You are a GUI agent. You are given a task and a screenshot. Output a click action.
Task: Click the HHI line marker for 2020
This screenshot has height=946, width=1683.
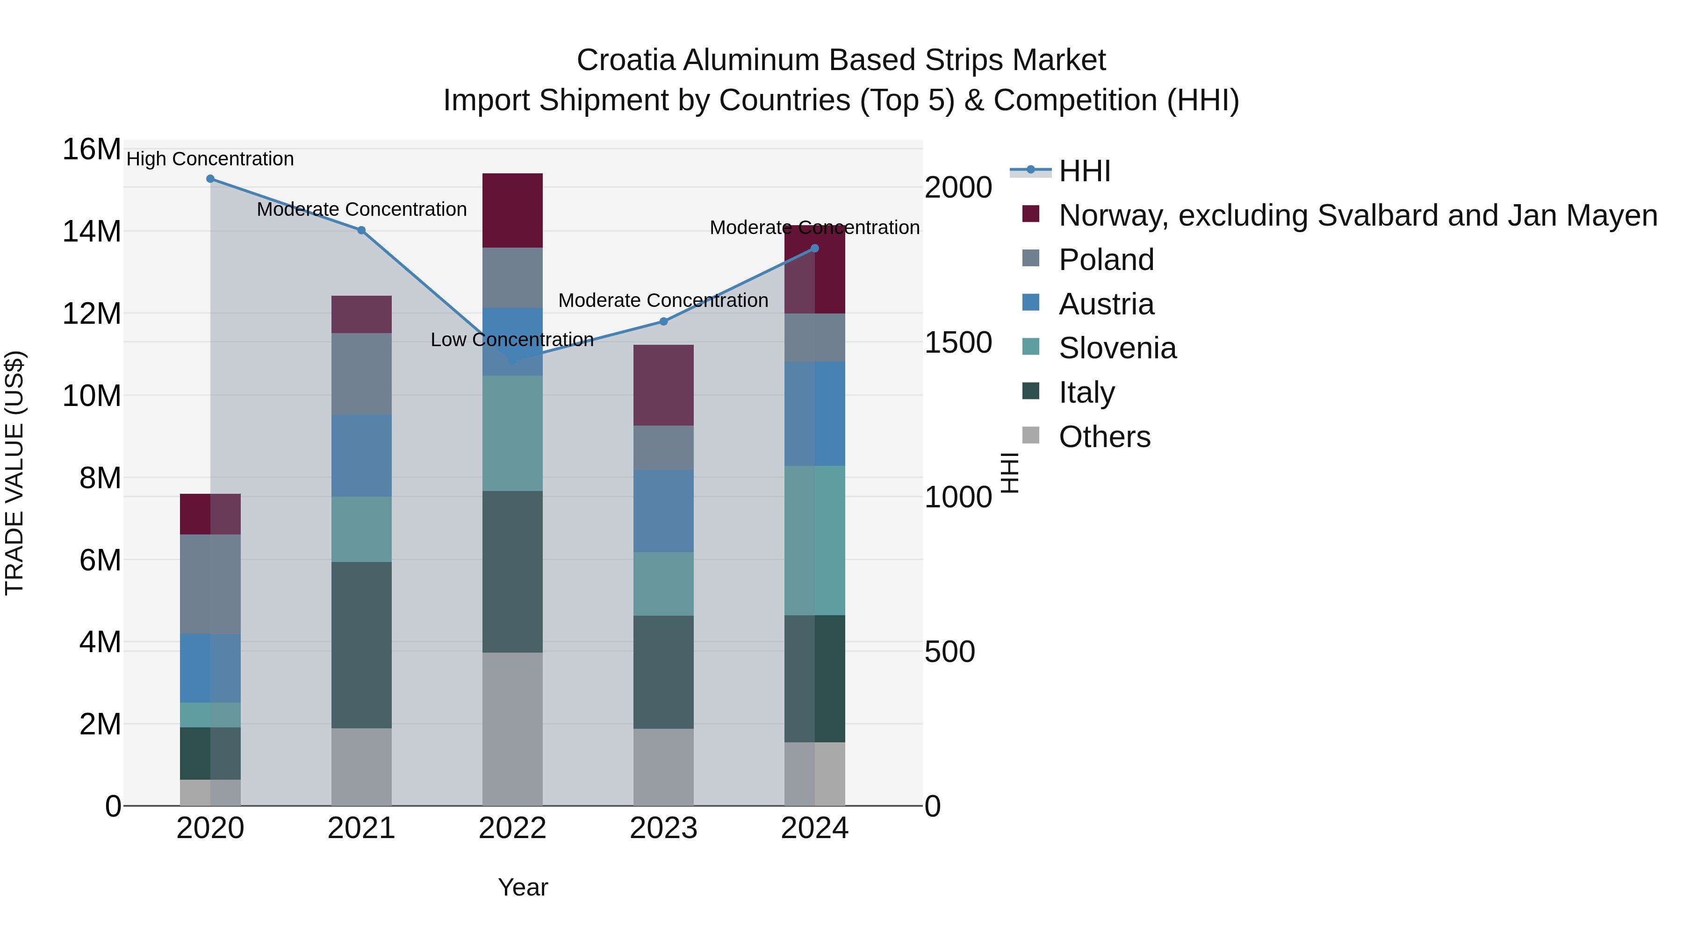point(210,179)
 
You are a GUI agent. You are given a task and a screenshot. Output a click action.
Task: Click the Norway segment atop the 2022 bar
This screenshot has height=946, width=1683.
point(512,210)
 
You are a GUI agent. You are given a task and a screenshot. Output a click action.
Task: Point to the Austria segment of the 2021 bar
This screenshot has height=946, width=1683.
point(361,455)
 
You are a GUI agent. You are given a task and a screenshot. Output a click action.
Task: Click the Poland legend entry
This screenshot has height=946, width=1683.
point(1106,260)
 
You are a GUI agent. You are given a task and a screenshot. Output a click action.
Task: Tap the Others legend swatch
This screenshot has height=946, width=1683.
point(1030,435)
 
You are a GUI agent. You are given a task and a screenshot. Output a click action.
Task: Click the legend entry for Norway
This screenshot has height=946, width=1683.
point(1358,215)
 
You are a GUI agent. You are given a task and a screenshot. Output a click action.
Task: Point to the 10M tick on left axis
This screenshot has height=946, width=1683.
point(92,396)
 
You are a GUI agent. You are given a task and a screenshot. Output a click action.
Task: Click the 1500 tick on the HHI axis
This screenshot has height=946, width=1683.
point(958,343)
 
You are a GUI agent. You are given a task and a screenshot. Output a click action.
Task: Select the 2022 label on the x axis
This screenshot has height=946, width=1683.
point(512,828)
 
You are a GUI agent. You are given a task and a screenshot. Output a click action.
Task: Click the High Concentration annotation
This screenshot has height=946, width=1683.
point(210,159)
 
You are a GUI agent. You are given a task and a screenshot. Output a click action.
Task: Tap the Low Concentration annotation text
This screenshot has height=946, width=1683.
point(512,340)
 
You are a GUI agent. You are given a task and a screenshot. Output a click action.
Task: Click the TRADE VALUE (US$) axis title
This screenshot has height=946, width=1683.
point(14,473)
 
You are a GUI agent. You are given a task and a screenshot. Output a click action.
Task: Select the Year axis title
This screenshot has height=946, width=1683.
point(523,887)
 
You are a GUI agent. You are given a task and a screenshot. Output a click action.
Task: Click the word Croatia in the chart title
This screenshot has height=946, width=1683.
point(626,60)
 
